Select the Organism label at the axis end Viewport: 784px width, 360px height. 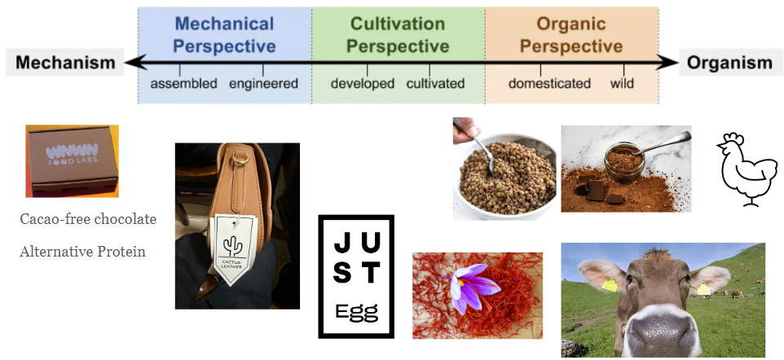pyautogui.click(x=729, y=63)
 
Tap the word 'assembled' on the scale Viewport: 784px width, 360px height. pyautogui.click(x=184, y=84)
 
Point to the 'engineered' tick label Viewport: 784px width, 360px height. pyautogui.click(x=263, y=84)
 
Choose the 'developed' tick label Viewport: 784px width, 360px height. pyautogui.click(x=363, y=84)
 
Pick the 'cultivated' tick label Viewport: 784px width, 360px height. pyautogui.click(x=435, y=84)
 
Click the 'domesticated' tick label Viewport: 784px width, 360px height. pyautogui.click(x=549, y=84)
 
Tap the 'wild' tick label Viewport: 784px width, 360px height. pyautogui.click(x=622, y=84)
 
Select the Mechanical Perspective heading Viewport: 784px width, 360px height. pyautogui.click(x=224, y=35)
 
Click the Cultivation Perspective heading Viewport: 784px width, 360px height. pyautogui.click(x=398, y=35)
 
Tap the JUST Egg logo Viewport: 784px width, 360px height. pyautogui.click(x=355, y=275)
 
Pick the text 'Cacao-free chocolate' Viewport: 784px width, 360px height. pyautogui.click(x=87, y=219)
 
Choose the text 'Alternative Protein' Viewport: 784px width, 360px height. pyautogui.click(x=82, y=252)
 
